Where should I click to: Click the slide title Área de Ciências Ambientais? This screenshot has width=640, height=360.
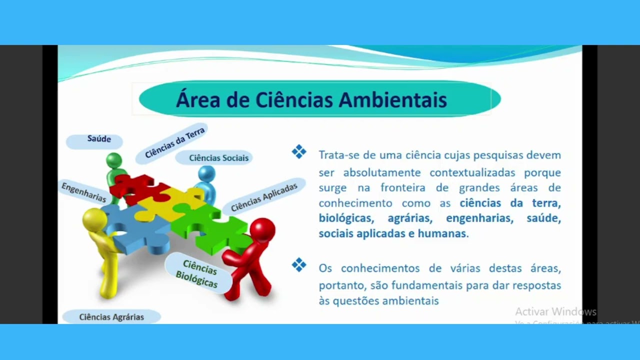pyautogui.click(x=311, y=99)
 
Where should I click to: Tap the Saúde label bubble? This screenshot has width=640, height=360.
pyautogui.click(x=99, y=139)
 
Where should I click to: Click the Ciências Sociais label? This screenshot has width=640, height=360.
pyautogui.click(x=218, y=158)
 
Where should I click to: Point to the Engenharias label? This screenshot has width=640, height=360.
pyautogui.click(x=83, y=192)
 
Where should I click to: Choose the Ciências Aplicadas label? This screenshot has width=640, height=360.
pyautogui.click(x=264, y=196)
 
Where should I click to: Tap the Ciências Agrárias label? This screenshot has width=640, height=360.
pyautogui.click(x=111, y=317)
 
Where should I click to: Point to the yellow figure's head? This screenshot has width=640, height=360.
pyautogui.click(x=94, y=219)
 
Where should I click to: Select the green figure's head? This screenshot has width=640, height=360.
pyautogui.click(x=114, y=160)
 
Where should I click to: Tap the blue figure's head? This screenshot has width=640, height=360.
pyautogui.click(x=206, y=174)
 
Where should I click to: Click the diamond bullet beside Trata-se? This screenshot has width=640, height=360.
pyautogui.click(x=299, y=152)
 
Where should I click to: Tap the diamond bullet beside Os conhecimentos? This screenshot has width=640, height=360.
pyautogui.click(x=299, y=265)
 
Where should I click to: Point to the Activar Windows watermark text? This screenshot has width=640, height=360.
pyautogui.click(x=555, y=312)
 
